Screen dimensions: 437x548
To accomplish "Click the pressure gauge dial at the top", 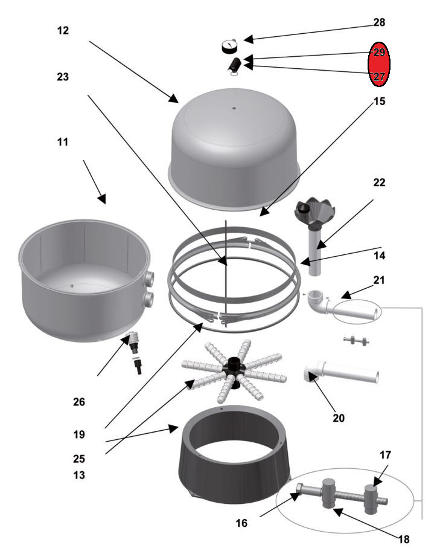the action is (229, 46).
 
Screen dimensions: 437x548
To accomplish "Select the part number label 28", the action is (379, 22).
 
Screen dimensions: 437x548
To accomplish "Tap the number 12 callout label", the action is (63, 30).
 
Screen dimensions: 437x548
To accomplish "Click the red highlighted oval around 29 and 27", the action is (379, 64).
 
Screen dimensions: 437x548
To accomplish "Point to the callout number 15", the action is (379, 102).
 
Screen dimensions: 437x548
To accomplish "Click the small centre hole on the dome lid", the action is (234, 108).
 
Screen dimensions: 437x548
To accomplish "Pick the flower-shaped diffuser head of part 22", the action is (315, 212).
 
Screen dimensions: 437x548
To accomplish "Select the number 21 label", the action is (378, 280).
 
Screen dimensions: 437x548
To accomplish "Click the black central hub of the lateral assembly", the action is (234, 371).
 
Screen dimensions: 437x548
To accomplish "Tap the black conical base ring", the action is (234, 454).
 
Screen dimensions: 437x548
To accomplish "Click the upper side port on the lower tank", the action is (148, 278).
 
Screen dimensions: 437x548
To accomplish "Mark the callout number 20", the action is (339, 418).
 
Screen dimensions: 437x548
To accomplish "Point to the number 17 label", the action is (385, 455).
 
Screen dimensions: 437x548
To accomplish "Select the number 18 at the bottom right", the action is (403, 540).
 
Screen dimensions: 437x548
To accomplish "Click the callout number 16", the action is (241, 523).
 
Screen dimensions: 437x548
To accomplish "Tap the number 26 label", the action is (79, 402).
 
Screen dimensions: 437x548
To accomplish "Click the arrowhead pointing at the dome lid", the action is (173, 98).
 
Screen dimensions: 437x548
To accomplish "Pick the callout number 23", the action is (63, 77).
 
